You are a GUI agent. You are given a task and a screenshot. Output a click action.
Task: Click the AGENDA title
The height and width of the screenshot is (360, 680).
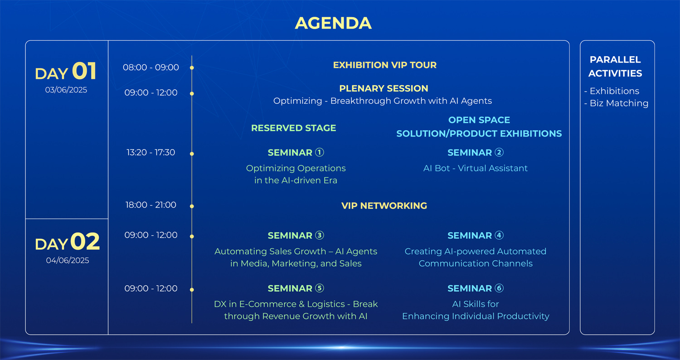pos(333,23)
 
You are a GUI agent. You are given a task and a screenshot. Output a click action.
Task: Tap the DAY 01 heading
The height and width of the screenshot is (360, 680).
pos(66,71)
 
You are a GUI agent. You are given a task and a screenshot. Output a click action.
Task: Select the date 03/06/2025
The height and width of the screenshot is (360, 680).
pos(66,90)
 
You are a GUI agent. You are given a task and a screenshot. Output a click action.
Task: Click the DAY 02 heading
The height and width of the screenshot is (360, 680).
pos(67,242)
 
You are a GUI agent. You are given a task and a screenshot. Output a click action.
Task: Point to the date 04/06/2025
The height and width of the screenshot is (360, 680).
pos(68,260)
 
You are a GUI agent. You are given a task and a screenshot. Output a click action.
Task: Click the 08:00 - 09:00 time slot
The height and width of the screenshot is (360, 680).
pos(151,67)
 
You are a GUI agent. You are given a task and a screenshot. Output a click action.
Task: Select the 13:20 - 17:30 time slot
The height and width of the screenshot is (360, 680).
pos(151,152)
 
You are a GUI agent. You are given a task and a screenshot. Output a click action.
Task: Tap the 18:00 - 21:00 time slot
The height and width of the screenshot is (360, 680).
pos(151,205)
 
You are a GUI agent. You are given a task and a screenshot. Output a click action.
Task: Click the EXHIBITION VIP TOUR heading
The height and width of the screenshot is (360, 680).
pos(384,65)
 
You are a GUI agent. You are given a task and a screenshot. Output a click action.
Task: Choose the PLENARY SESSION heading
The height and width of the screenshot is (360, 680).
pos(384,88)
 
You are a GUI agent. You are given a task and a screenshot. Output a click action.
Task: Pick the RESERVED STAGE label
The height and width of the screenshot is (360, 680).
pos(294,128)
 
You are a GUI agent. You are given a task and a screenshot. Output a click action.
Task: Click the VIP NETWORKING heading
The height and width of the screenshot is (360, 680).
pos(384,206)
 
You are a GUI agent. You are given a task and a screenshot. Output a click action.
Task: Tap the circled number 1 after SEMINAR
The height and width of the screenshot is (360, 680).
pos(319,152)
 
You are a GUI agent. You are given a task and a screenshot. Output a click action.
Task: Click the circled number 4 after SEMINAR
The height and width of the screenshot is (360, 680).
pos(499,235)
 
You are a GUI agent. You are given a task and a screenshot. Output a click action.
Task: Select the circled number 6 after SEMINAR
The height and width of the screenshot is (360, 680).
pos(499,288)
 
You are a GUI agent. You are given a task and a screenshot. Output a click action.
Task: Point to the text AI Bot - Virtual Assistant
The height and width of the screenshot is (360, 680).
pos(476,168)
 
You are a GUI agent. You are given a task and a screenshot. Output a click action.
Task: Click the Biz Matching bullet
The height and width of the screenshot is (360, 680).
pos(616,103)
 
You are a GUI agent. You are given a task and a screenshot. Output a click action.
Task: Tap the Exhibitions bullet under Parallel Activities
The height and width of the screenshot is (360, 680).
pos(612,91)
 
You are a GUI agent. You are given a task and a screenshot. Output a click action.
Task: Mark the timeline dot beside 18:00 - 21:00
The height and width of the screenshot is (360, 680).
pos(192,206)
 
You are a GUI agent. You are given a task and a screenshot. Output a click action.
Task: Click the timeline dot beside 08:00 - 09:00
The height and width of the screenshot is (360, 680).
pos(192,68)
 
